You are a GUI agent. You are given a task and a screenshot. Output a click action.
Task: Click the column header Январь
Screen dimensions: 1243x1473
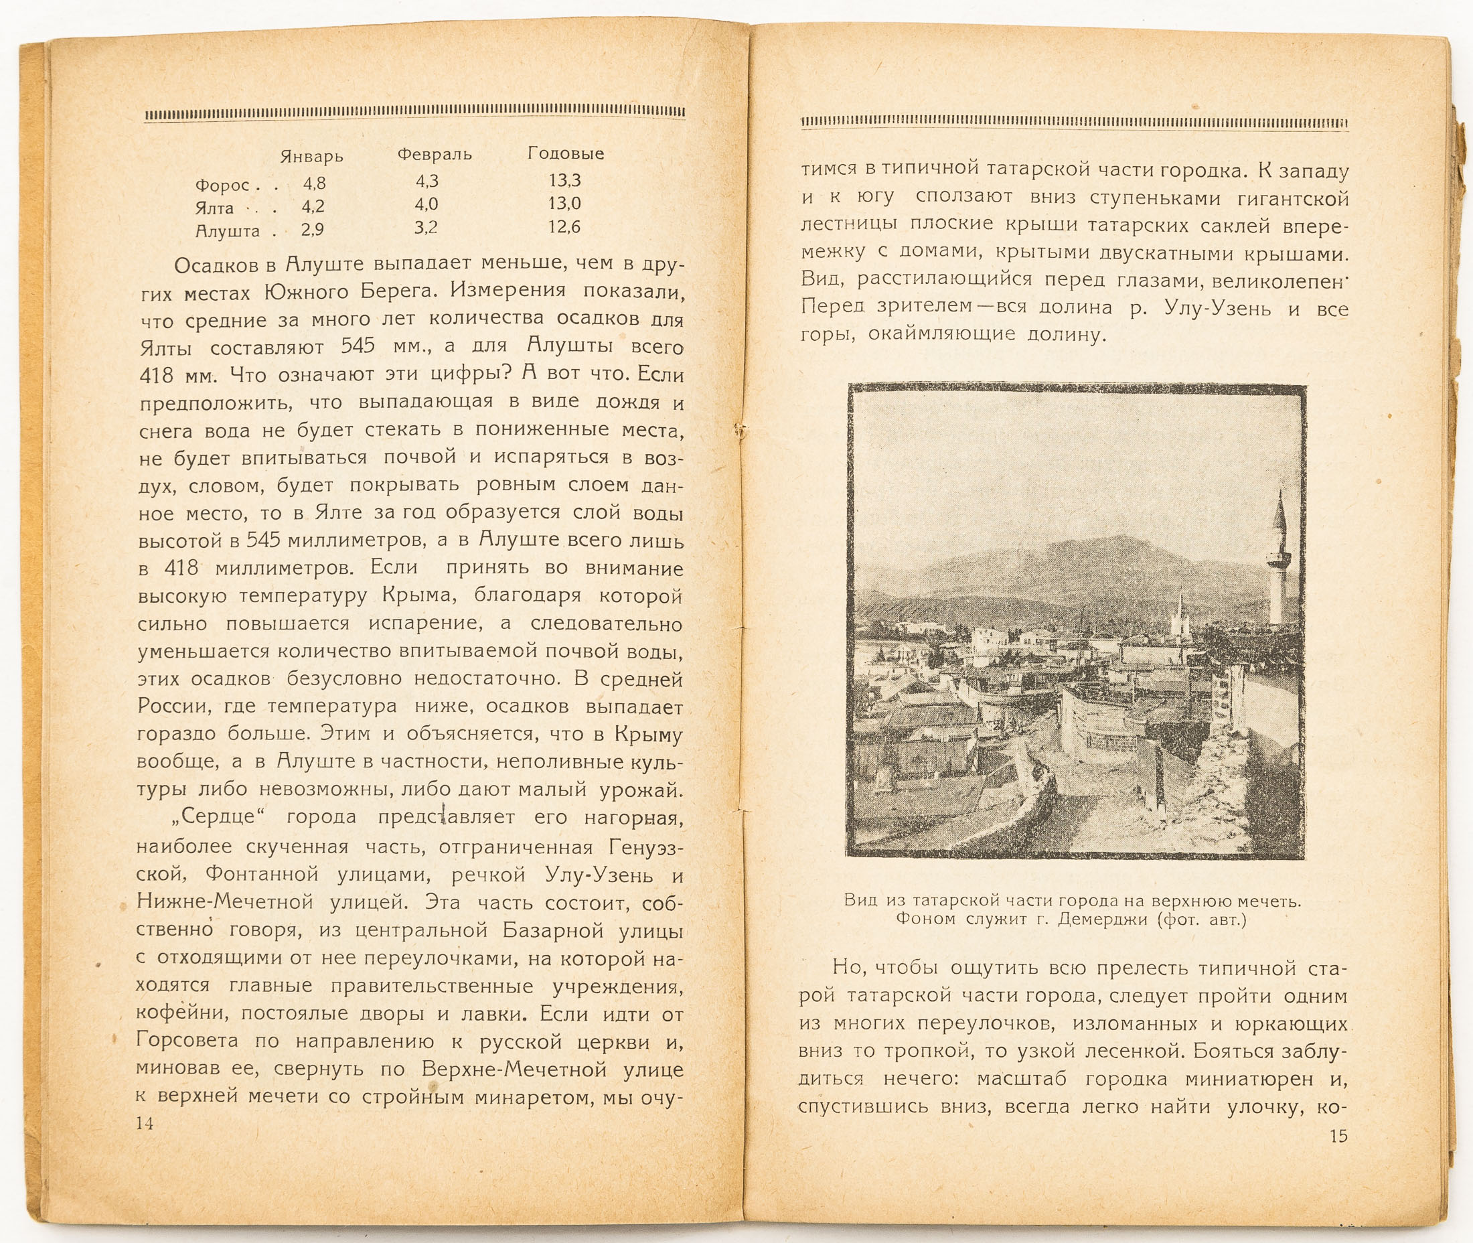point(311,156)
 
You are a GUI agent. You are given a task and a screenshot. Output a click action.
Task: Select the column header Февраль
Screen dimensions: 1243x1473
point(434,154)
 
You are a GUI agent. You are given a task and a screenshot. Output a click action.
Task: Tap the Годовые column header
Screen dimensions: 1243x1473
point(566,153)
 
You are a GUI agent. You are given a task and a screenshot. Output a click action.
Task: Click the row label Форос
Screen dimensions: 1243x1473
point(222,186)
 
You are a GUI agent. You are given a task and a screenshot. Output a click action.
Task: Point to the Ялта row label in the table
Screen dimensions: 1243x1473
point(215,208)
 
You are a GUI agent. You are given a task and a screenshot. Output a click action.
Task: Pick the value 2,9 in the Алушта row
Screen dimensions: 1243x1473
point(313,230)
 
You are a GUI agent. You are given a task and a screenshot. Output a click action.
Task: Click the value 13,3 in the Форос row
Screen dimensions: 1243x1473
point(565,180)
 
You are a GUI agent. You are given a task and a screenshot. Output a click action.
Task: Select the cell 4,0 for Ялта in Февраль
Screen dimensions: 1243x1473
point(427,204)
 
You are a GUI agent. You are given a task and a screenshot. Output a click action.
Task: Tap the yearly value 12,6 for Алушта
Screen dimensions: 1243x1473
point(564,227)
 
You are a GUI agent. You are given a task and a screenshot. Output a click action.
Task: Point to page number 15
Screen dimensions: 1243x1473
point(1338,1136)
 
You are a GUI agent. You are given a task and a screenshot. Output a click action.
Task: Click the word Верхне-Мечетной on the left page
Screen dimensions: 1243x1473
point(514,1069)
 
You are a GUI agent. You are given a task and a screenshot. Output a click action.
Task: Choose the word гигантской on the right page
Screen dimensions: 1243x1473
point(1292,199)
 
